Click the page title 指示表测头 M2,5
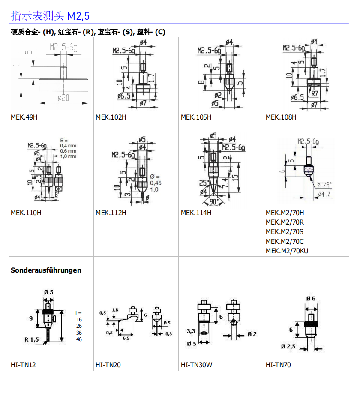click(50, 16)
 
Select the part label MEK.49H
click(24, 117)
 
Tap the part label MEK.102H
click(111, 117)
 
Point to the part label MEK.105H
click(196, 117)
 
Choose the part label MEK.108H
click(281, 117)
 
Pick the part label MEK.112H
click(111, 213)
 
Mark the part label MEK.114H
click(196, 213)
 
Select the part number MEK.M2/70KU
click(287, 251)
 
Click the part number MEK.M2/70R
click(285, 222)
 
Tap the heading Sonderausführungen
click(46, 270)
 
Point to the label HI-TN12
click(23, 365)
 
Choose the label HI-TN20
click(108, 365)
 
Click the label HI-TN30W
click(196, 365)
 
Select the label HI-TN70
click(278, 365)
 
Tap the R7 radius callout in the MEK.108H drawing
click(315, 93)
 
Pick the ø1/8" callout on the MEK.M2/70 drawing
click(324, 185)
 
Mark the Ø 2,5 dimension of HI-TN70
click(288, 346)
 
